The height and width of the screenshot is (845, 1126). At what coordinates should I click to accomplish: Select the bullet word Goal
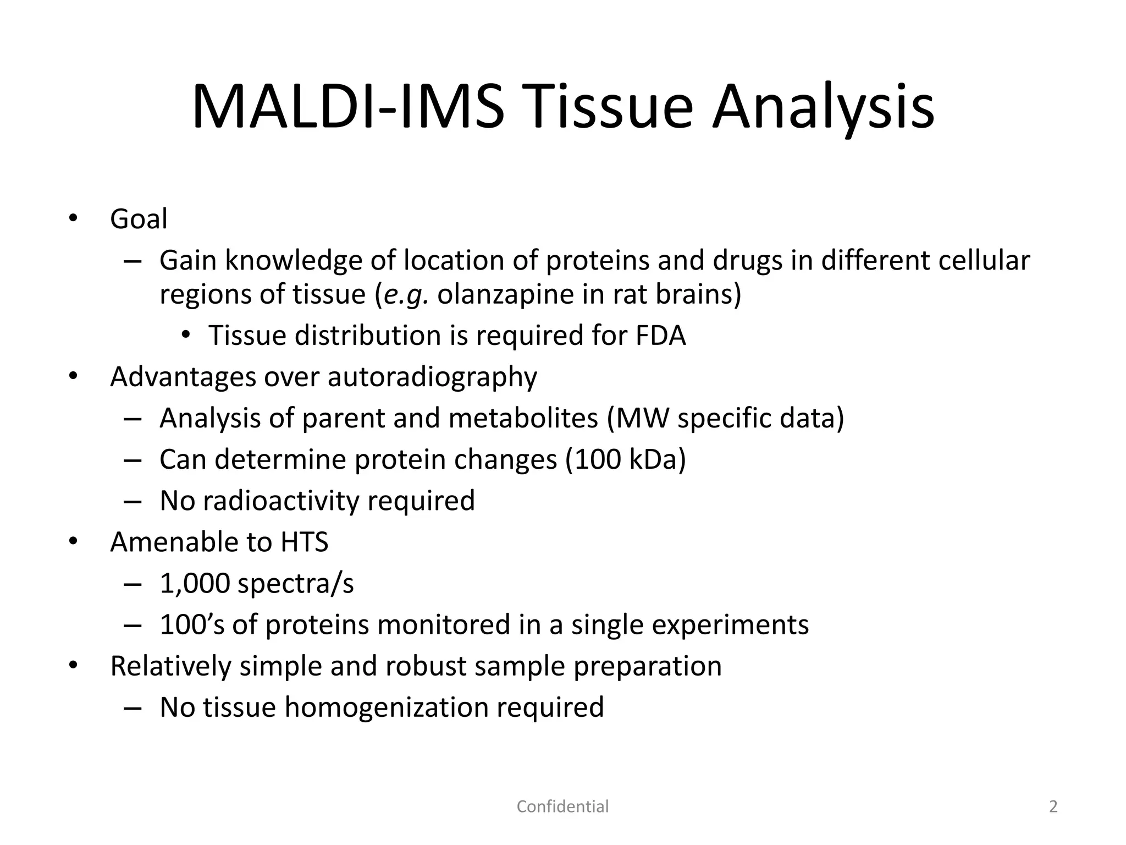tap(139, 219)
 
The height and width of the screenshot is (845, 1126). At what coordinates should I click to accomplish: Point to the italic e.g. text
tap(406, 294)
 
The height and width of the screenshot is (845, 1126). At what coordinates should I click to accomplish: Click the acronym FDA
tap(660, 336)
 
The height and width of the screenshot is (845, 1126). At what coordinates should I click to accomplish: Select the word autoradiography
tap(432, 377)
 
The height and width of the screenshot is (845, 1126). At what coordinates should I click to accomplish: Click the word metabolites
tap(523, 418)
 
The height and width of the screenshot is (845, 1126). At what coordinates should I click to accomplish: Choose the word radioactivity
tap(280, 501)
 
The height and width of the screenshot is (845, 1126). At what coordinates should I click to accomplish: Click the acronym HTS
tap(304, 542)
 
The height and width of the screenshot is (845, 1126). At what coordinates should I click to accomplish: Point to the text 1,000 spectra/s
tap(257, 583)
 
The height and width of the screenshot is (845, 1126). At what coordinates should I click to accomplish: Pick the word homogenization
tap(386, 707)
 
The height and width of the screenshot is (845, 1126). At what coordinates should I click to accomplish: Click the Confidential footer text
tap(562, 806)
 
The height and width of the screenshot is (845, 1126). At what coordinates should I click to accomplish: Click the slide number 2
tap(1053, 806)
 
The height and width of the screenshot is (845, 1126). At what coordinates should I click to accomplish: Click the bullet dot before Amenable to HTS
tap(74, 542)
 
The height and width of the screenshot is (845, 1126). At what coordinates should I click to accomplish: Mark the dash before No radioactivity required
tap(133, 501)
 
